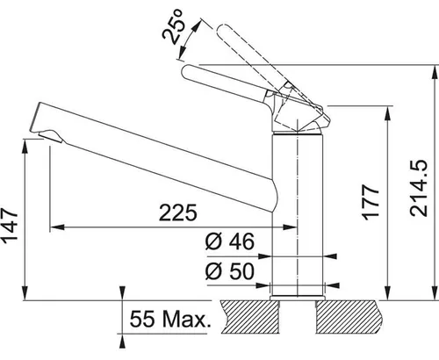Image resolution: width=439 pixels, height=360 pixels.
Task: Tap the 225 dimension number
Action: click(x=178, y=212)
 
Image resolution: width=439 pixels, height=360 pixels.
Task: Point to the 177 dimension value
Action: click(x=371, y=202)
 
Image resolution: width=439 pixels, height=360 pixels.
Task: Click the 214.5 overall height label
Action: click(x=419, y=188)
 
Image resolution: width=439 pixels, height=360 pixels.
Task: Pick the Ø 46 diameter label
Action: click(x=230, y=241)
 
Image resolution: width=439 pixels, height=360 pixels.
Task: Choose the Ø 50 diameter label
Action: click(x=230, y=271)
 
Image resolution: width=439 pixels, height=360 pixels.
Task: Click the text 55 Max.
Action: click(x=170, y=319)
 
